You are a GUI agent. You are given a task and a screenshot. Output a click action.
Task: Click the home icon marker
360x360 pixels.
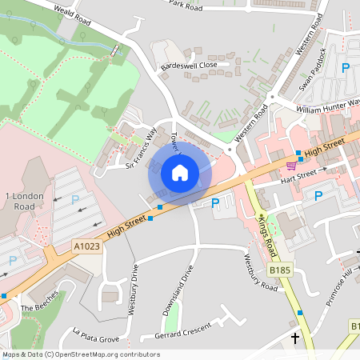pyautogui.click(x=180, y=173)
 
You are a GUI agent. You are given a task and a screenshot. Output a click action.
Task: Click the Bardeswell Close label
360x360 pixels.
pyautogui.click(x=189, y=66)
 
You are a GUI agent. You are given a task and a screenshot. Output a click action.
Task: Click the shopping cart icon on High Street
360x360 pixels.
pyautogui.click(x=290, y=166)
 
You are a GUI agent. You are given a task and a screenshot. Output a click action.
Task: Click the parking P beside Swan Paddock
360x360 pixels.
pyautogui.click(x=346, y=69)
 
